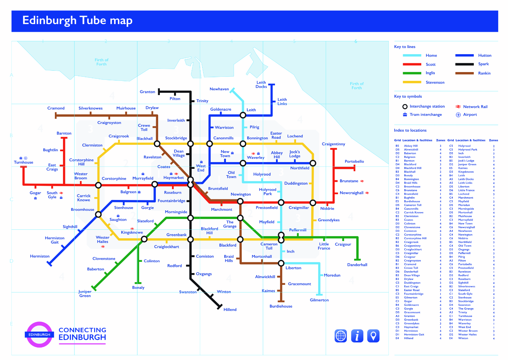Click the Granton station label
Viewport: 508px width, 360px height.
click(x=147, y=92)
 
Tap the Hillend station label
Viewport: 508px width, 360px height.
click(x=230, y=310)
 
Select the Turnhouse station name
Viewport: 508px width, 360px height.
click(x=23, y=162)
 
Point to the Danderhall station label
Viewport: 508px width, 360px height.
click(x=357, y=265)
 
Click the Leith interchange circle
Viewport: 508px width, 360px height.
click(x=243, y=115)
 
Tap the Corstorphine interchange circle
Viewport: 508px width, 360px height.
click(x=98, y=185)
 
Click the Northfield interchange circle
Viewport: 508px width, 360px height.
click(x=313, y=163)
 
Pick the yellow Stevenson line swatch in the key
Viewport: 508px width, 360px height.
click(x=412, y=82)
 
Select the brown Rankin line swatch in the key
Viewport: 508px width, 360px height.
click(x=464, y=73)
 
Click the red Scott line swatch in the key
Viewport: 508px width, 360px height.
click(x=412, y=64)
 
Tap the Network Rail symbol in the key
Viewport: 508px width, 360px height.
click(x=458, y=107)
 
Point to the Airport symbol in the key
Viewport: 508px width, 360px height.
click(x=458, y=115)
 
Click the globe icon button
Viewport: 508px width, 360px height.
click(x=341, y=336)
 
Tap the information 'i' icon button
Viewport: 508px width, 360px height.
click(x=357, y=336)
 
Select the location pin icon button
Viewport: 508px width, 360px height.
click(x=373, y=336)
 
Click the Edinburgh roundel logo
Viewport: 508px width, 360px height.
click(x=39, y=335)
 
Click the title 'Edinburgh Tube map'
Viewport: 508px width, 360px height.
click(x=77, y=21)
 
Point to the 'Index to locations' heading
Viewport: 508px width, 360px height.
click(x=410, y=130)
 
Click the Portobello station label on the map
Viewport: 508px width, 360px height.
click(x=354, y=161)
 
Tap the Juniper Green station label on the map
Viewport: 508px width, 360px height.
click(x=85, y=293)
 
